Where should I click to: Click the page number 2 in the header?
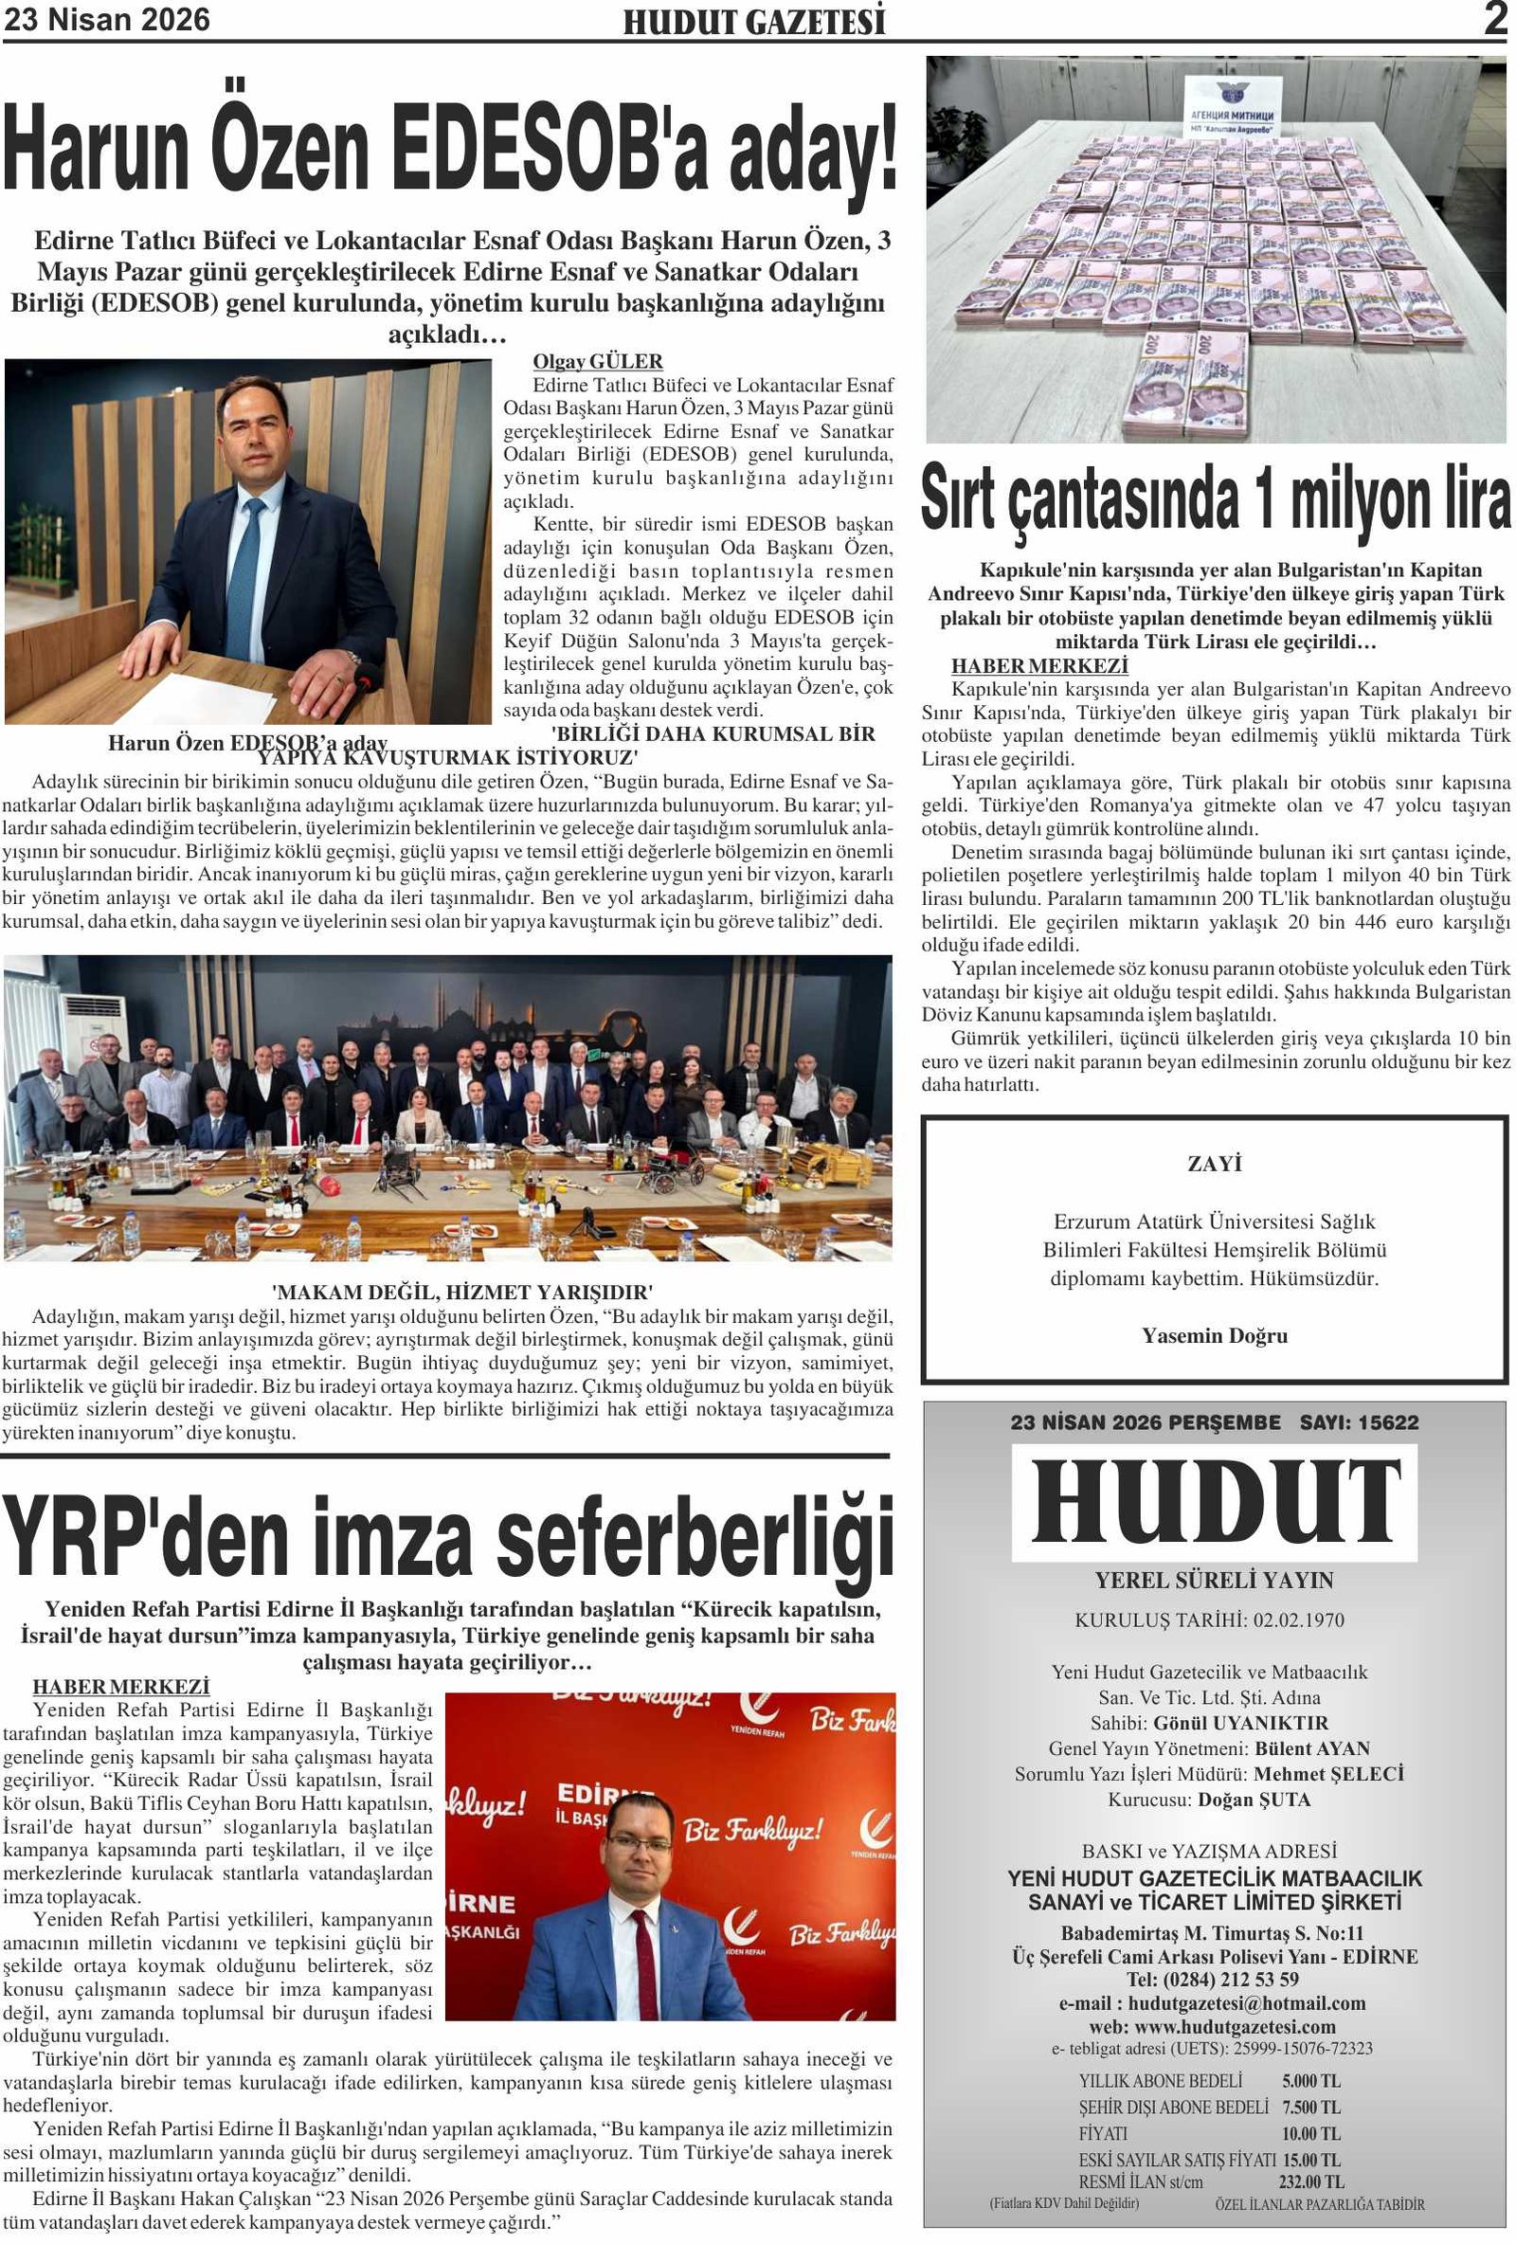point(1495,18)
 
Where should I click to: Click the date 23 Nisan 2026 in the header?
point(106,19)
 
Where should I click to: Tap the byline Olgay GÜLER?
point(598,361)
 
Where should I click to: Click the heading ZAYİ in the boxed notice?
point(1214,1164)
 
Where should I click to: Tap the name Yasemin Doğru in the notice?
point(1214,1335)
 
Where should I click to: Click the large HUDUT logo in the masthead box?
point(1215,1503)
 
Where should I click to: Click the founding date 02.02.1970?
point(1299,1620)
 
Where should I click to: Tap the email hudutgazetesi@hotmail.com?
point(1246,2003)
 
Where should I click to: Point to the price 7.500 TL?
point(1311,2107)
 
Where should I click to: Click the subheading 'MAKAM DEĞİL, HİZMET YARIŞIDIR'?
point(462,1292)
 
